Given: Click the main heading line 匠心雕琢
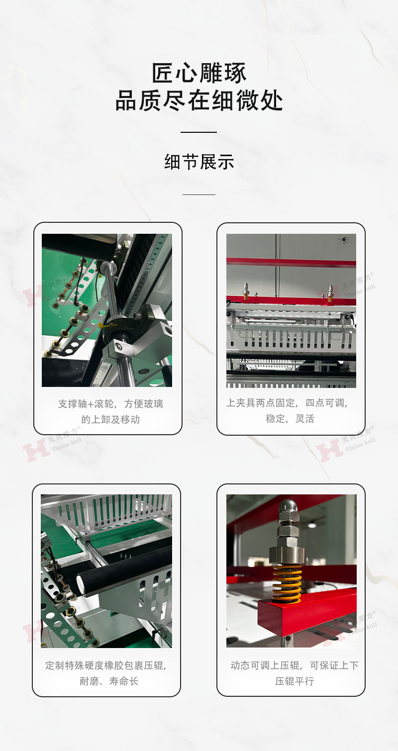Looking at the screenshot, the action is coord(199,73).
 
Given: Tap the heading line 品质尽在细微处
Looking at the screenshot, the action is coord(199,100).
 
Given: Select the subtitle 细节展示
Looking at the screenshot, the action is coord(199,162).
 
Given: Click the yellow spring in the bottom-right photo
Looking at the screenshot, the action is coord(287,584).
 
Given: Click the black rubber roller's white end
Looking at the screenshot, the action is coord(81,584).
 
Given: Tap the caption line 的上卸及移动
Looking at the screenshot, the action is coord(110,419).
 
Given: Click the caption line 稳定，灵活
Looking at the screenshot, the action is coord(290,418).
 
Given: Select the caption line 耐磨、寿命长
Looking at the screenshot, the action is coord(108,681).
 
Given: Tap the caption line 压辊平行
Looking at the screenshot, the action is coord(295,681).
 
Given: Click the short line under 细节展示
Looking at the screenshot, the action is coord(199,194).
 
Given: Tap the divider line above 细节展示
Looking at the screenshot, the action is coord(199,132).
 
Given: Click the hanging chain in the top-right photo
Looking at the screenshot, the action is coord(277,265).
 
